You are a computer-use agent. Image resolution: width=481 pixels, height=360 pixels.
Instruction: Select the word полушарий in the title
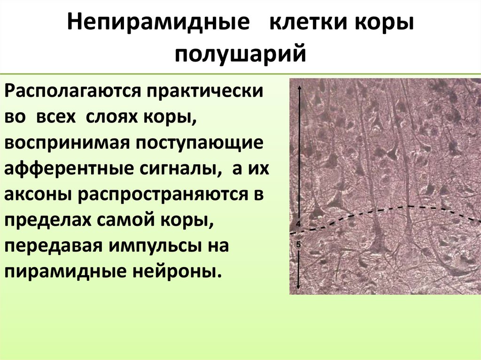[x=240, y=53]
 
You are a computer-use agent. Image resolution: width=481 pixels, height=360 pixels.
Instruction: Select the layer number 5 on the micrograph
[x=298, y=244]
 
